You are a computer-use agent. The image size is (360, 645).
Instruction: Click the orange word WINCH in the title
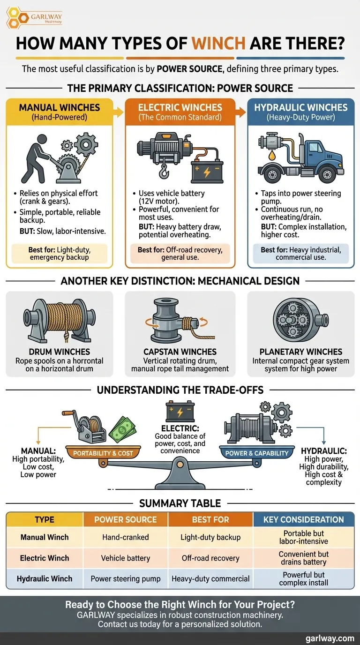click(x=219, y=44)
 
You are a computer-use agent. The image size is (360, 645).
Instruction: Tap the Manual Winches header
click(x=59, y=108)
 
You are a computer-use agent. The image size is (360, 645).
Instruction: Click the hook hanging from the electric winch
click(x=164, y=172)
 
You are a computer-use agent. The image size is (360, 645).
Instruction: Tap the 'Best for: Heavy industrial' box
click(x=301, y=254)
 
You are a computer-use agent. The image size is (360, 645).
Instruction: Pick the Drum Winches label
click(x=59, y=352)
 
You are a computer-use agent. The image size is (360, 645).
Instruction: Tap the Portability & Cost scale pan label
click(x=103, y=453)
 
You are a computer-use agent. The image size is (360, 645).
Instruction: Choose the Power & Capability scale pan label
click(x=257, y=453)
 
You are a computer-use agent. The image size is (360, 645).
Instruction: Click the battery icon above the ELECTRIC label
click(x=180, y=411)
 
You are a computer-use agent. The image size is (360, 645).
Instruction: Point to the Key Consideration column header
click(x=303, y=519)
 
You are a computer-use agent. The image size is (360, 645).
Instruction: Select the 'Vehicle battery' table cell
click(x=126, y=558)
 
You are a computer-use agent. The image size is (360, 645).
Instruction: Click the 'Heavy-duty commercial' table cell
click(x=210, y=578)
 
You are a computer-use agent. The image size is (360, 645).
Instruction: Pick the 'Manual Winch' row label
click(x=45, y=537)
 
